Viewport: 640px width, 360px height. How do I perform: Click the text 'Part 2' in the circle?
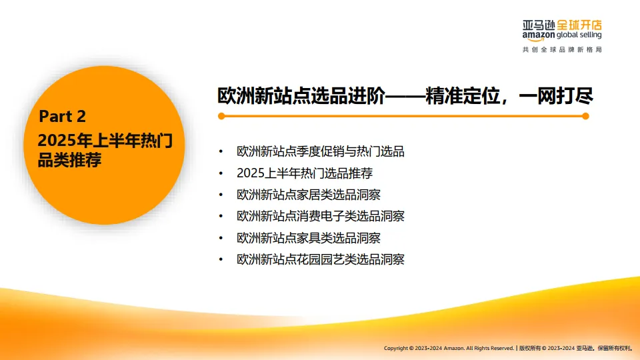[x=62, y=117]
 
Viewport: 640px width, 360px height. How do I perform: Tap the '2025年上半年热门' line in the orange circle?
[x=105, y=141]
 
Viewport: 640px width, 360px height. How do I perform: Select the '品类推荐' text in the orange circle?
[x=69, y=160]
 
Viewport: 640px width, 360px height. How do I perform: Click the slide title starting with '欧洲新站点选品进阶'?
[x=405, y=95]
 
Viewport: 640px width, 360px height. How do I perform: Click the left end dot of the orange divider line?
[x=221, y=116]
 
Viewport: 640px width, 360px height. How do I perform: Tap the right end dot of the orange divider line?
[x=585, y=116]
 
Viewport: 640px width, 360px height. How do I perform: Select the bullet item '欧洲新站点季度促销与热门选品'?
[x=320, y=151]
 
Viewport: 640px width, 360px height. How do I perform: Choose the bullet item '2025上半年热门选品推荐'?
[x=304, y=173]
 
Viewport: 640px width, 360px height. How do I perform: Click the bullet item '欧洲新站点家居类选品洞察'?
[x=312, y=195]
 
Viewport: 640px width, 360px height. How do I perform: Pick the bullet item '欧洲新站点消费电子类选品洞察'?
[x=320, y=216]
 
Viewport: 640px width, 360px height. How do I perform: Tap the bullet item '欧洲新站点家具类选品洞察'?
[x=312, y=237]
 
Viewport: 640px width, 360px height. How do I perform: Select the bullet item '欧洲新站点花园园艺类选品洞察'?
[x=320, y=259]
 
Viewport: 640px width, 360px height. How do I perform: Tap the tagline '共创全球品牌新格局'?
[x=562, y=50]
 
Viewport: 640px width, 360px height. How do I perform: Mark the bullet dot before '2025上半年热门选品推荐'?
[x=221, y=173]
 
